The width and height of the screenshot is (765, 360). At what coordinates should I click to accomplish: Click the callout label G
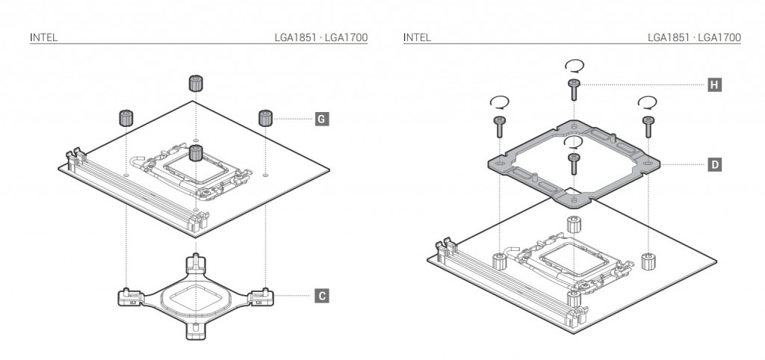320,118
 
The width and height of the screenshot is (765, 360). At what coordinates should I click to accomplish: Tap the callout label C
320,296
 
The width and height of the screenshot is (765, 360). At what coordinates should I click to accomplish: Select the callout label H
715,85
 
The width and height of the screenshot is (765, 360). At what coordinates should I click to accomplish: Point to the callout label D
715,163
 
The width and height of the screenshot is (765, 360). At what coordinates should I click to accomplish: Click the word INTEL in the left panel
43,37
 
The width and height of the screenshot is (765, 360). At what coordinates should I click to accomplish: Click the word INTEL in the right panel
417,37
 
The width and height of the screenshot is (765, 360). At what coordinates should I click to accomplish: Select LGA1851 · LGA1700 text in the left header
321,37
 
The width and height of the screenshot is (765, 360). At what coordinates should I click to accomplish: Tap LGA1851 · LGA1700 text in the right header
695,37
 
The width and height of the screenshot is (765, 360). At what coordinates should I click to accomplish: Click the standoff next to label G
265,118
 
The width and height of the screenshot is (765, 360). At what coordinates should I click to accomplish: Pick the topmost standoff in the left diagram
196,83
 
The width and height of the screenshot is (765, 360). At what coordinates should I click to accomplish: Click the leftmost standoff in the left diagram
126,117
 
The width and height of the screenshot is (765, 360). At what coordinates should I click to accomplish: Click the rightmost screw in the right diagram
648,125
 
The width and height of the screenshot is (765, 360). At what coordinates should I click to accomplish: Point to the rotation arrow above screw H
574,65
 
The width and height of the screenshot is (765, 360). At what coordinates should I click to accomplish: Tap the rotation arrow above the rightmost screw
648,101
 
